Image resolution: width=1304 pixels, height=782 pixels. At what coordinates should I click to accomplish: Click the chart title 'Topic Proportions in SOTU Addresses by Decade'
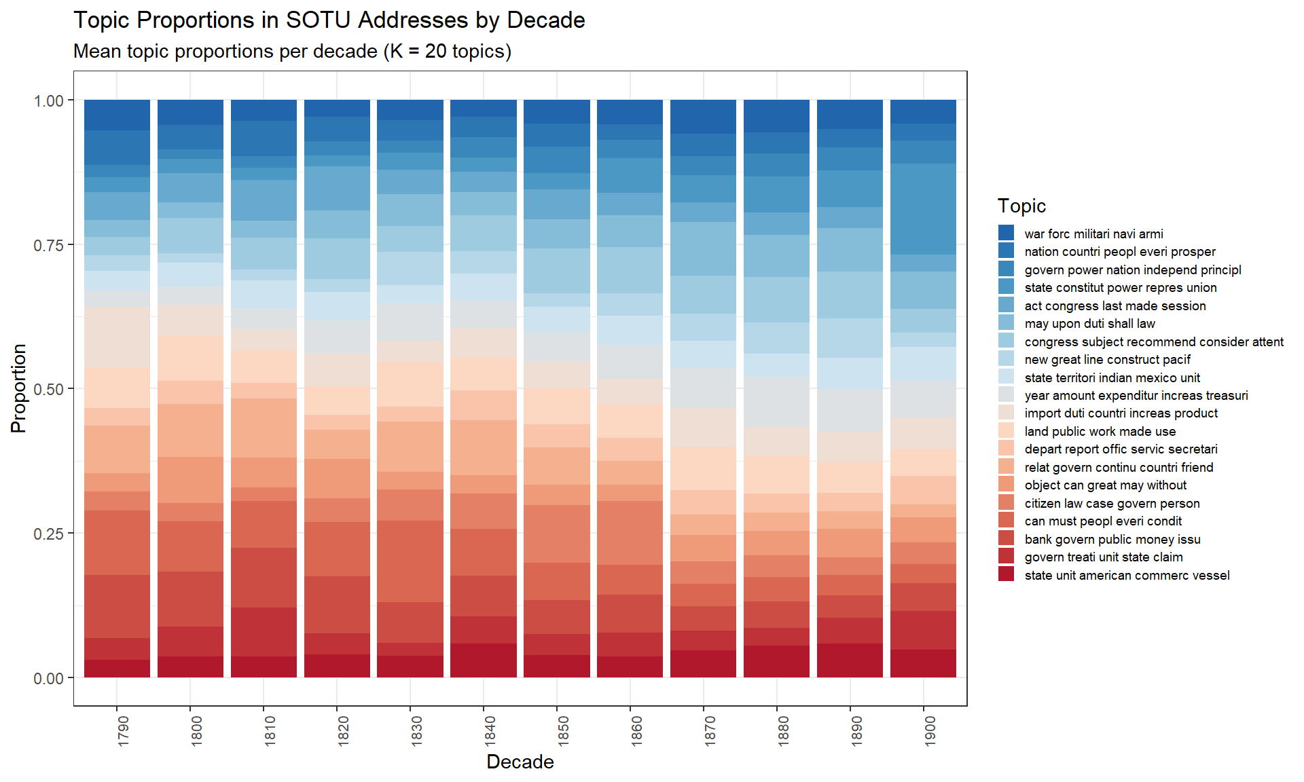329,20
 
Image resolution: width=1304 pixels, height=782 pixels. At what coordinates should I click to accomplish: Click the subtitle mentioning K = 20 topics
292,52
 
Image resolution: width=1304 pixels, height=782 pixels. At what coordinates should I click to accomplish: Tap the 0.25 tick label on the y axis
49,534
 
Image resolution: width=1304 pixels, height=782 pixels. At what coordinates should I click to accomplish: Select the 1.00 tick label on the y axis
49,100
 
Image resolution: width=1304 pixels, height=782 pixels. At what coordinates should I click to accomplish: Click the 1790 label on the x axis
124,731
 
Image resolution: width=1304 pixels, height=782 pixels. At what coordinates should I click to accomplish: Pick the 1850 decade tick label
564,731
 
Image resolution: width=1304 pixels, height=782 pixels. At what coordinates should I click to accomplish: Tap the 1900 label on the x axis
930,731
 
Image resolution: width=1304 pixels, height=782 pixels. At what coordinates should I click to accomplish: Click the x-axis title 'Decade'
520,762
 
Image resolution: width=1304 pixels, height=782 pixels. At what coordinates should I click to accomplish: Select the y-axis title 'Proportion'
19,388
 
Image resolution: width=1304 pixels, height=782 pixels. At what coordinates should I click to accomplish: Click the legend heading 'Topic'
1021,206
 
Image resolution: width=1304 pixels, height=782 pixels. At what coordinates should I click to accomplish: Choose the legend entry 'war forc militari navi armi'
1093,234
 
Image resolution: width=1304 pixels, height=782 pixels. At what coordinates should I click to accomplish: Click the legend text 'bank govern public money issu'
1112,540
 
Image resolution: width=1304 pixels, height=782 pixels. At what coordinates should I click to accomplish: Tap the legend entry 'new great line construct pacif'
1107,360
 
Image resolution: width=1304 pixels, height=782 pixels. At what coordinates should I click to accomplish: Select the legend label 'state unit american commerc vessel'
1127,576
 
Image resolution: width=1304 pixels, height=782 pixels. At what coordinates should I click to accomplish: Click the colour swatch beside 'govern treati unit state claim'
1006,557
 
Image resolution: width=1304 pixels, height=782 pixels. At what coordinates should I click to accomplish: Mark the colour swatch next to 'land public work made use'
1006,431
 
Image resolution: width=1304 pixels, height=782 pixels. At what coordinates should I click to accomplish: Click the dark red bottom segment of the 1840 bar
484,660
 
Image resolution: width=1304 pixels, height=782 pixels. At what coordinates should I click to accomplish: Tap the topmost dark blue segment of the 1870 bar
703,117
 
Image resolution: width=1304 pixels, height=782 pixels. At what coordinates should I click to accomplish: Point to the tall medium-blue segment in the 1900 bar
923,209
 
